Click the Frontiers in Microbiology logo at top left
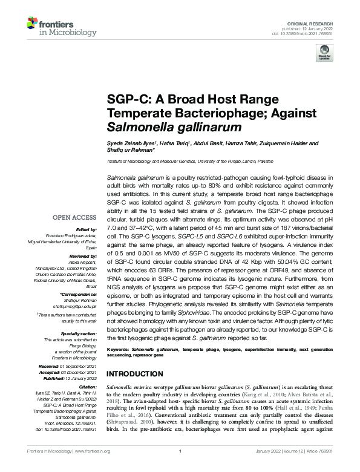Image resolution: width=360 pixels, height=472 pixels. coord(55,25)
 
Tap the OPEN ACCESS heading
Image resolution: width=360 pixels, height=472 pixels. coord(75,216)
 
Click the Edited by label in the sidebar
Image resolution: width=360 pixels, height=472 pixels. coord(87,229)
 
